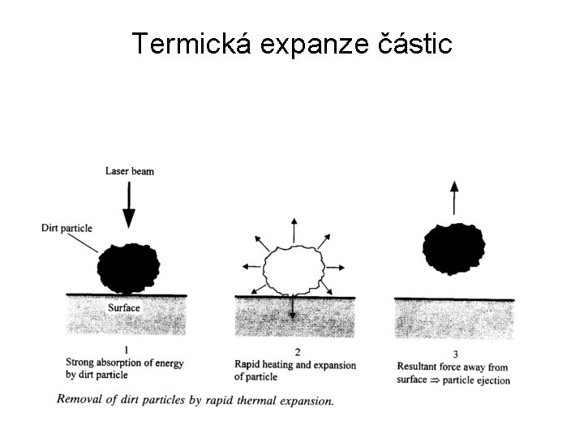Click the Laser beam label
(129, 171)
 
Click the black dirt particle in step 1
(128, 268)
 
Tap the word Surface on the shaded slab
(124, 308)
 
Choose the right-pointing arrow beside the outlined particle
(337, 267)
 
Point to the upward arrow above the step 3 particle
(454, 197)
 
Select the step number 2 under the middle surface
(298, 352)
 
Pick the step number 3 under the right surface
(455, 354)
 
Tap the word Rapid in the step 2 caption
(248, 365)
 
